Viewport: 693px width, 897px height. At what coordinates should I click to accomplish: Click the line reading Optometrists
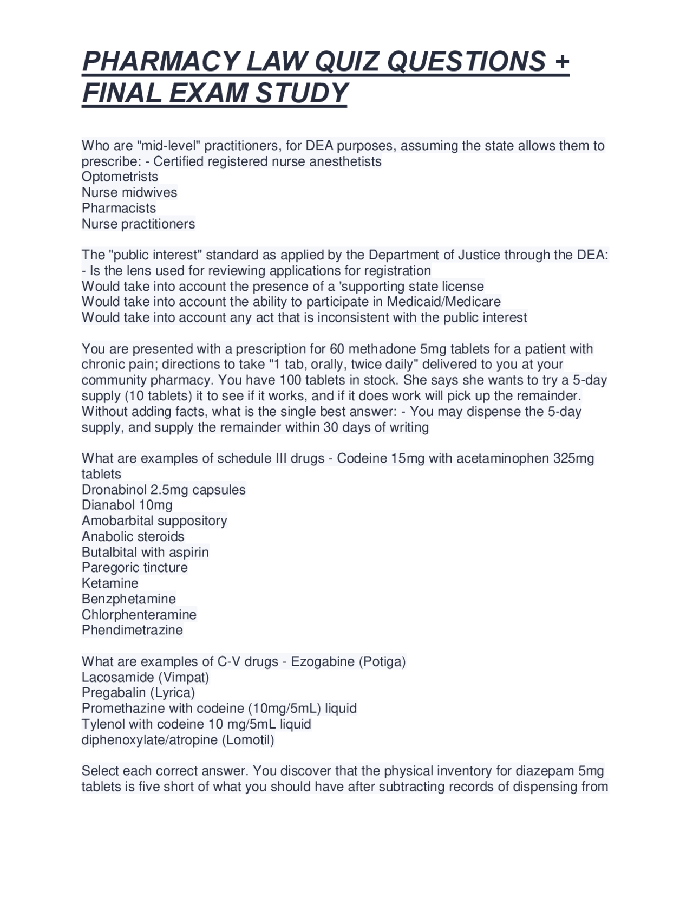[120, 177]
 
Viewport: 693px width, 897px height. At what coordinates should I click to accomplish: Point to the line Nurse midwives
[129, 192]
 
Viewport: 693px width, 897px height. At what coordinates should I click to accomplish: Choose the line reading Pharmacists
[119, 208]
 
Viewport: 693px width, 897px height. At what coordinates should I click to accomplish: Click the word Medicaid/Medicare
[443, 301]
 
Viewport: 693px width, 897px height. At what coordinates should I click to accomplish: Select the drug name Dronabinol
[114, 490]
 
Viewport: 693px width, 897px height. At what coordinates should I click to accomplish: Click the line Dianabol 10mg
[127, 505]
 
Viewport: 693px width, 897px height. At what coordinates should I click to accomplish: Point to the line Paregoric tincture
[135, 568]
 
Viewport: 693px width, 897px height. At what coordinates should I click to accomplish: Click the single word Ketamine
[110, 583]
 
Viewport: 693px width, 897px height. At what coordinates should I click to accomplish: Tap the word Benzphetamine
[129, 599]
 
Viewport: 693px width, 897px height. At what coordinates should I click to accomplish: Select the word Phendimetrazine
[132, 630]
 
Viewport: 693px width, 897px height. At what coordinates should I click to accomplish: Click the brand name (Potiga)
[382, 661]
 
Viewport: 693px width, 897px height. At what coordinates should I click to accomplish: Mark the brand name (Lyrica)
[173, 692]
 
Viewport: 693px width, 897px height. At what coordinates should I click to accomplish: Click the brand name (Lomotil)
[248, 739]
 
